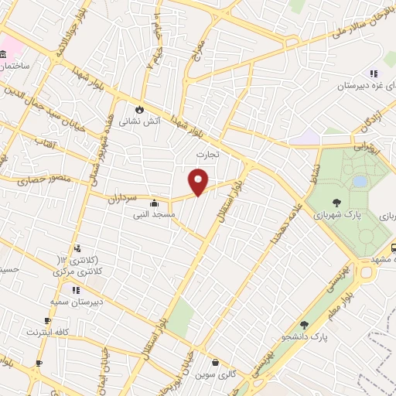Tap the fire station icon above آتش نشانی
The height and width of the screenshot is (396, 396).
pos(140,110)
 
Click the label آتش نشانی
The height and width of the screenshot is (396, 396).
pos(142,122)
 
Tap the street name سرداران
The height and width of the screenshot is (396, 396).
pos(125,197)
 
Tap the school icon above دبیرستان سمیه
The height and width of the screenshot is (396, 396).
pos(76,290)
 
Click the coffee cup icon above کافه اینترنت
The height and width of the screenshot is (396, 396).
pos(47,320)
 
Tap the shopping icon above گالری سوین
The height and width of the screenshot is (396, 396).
pos(213,362)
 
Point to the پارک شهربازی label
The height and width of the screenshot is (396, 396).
pos(336,213)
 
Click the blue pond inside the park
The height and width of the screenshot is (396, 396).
pos(360,181)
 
